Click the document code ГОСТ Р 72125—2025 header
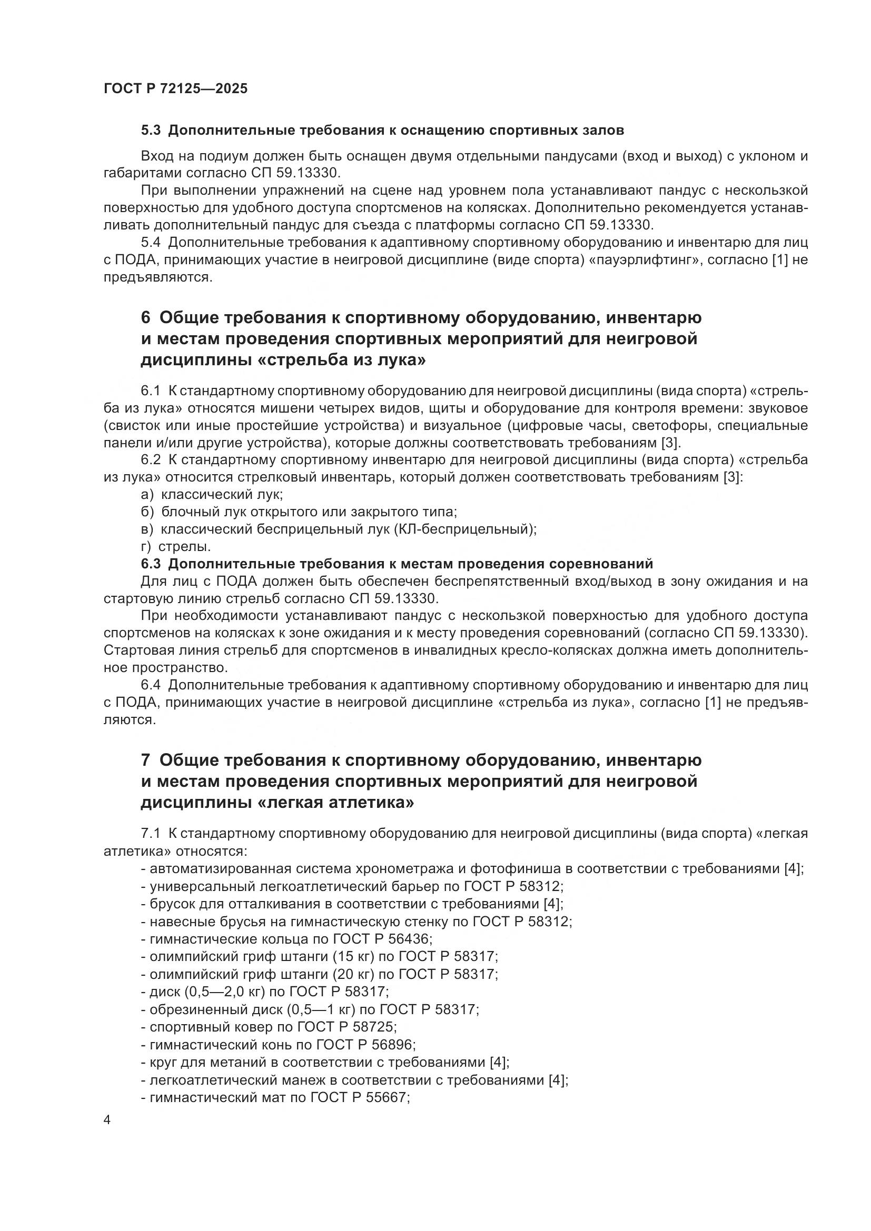(x=175, y=89)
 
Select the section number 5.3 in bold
(x=151, y=131)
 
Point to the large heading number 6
(x=146, y=317)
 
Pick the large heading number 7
(x=146, y=760)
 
